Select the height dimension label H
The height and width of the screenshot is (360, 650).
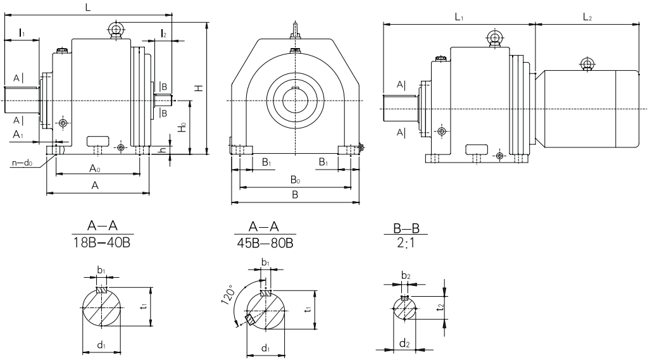tap(199, 88)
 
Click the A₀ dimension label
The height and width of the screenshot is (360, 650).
tap(95, 168)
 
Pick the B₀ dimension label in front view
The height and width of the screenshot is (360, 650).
tap(295, 181)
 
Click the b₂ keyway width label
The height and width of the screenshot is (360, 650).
tap(405, 276)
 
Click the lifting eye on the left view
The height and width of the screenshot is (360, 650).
tap(116, 28)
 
